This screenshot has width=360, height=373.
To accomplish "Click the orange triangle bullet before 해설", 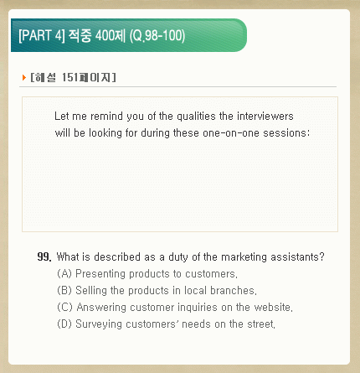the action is click(24, 77).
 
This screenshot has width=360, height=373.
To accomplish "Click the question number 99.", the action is click(44, 256).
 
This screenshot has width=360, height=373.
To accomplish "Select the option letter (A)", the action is click(64, 273).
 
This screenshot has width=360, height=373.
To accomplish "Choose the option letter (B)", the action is click(64, 290).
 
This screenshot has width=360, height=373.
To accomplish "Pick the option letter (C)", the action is click(64, 307).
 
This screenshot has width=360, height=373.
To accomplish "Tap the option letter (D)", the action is click(64, 324).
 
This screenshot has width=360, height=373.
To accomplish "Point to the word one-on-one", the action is click(231, 133).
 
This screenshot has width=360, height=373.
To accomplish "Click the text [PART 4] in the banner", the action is click(42, 35).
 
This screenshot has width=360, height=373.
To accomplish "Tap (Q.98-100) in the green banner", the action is click(157, 36).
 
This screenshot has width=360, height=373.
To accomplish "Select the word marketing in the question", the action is click(244, 257).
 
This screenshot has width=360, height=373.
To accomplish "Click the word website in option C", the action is click(273, 308).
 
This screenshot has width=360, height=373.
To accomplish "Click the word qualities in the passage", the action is click(196, 117).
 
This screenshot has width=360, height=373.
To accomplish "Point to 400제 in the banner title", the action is click(111, 36).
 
